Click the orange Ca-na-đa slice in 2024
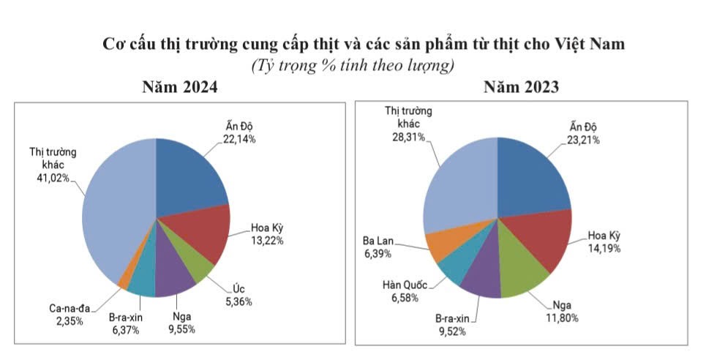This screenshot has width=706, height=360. pos(124,282)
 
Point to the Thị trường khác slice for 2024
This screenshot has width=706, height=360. pos(113,212)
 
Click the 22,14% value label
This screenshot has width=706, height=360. pos(240,140)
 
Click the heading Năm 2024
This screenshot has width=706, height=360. pos(179,88)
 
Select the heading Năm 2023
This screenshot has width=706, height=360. pos(522,88)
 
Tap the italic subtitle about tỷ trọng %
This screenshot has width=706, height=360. pos(353,66)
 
